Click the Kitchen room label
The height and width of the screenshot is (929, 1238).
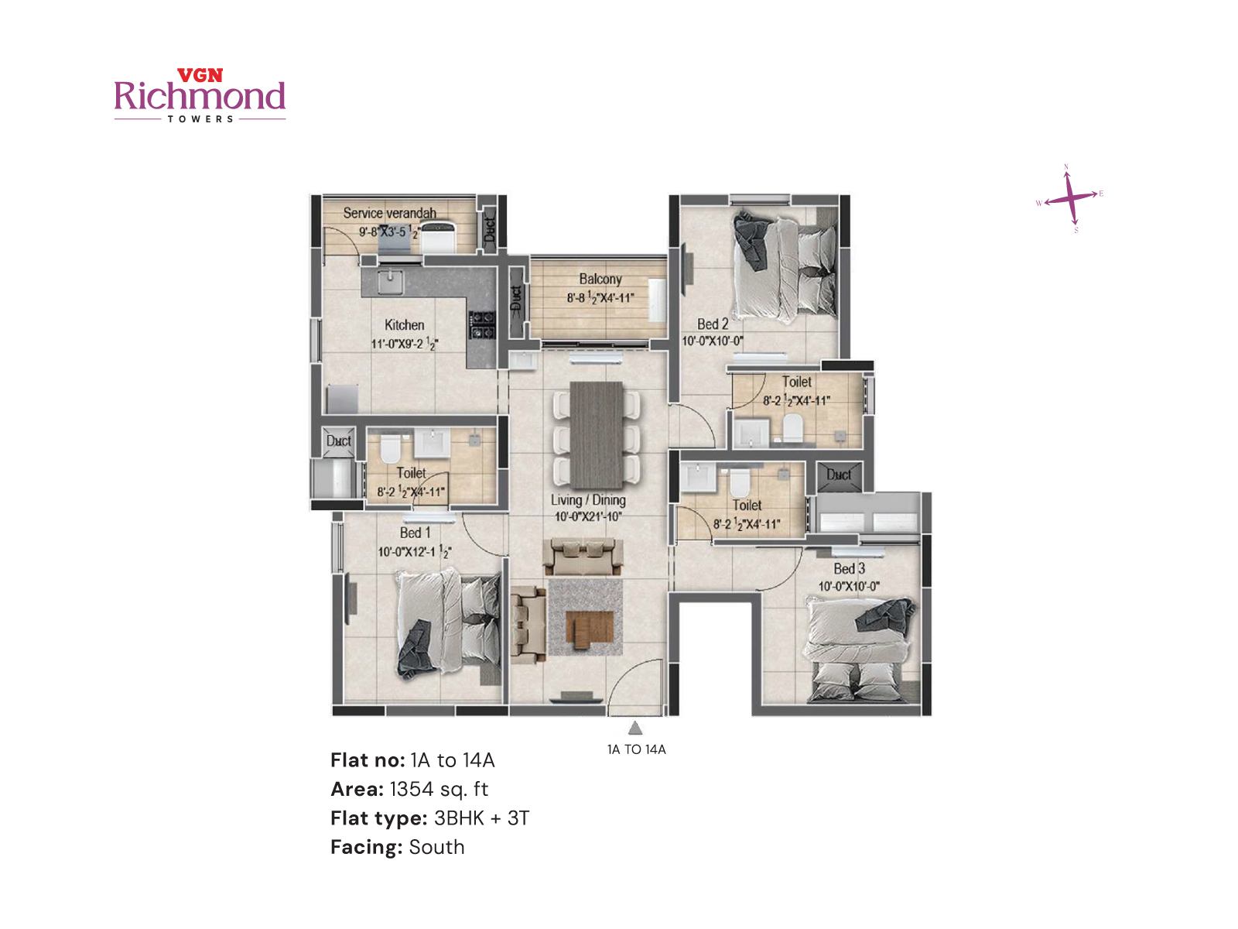point(404,325)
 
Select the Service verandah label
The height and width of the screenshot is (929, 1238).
point(389,213)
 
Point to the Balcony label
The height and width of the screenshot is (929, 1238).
point(600,279)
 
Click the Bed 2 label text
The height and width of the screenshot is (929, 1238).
point(713,324)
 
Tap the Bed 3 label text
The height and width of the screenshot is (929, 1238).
point(849,569)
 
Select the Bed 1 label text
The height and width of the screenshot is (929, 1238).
point(415,533)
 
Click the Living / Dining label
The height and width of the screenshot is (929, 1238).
point(588,500)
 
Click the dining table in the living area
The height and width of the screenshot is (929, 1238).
point(596,434)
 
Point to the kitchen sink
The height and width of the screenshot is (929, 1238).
point(390,283)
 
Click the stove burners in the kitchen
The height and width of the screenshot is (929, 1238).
point(481,325)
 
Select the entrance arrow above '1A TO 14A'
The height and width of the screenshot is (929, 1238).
point(635,728)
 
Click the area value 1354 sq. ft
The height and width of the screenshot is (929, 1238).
point(439,789)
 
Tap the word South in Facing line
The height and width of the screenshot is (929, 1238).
point(436,847)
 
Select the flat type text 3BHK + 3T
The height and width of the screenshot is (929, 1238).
point(481,818)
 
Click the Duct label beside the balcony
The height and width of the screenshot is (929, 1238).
point(517,299)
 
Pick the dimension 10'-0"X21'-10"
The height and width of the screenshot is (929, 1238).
point(588,517)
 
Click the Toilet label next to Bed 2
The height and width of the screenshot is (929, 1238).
point(796,382)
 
